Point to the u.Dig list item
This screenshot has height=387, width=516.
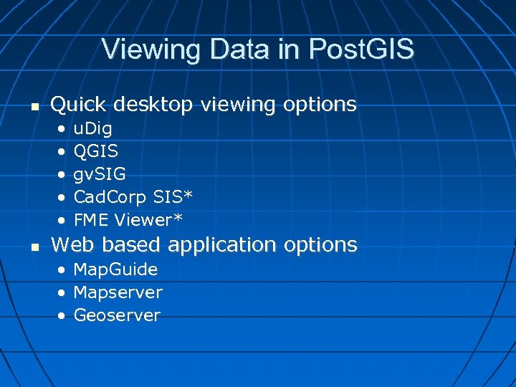92,129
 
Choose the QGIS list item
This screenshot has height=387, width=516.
96,151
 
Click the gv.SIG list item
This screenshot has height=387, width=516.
100,174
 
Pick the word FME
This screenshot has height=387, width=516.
90,219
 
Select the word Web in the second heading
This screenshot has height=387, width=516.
72,244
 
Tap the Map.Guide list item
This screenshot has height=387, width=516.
115,270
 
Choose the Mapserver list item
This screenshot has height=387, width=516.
118,293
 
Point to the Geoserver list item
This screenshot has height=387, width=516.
117,315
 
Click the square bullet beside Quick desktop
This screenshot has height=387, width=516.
34,106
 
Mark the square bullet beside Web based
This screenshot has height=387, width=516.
34,247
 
